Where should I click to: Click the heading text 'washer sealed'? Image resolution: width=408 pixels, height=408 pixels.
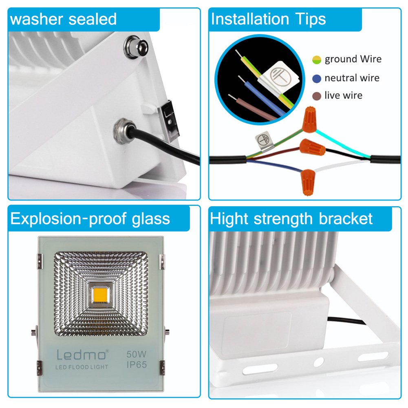pyautogui.click(x=63, y=19)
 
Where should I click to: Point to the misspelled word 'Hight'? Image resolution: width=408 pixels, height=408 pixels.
pyautogui.click(x=229, y=219)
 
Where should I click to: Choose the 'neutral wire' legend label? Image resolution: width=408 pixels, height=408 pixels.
pyautogui.click(x=352, y=78)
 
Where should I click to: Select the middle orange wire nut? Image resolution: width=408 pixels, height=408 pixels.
pyautogui.click(x=313, y=146)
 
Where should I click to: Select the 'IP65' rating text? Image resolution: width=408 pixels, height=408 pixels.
pyautogui.click(x=136, y=364)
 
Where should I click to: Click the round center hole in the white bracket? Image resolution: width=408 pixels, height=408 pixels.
pyautogui.click(x=318, y=361)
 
